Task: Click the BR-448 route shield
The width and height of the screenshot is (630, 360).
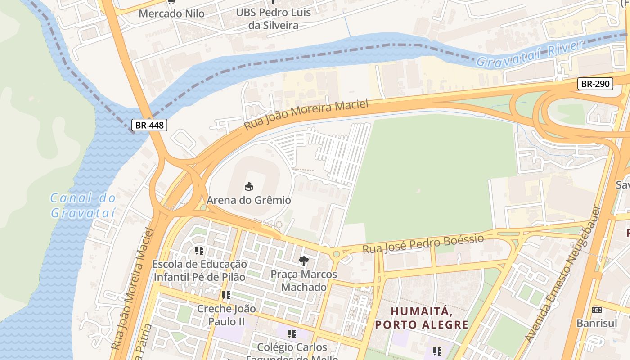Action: click(150, 125)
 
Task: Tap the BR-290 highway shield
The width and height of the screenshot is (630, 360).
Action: click(595, 84)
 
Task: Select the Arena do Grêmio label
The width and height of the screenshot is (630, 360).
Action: click(248, 200)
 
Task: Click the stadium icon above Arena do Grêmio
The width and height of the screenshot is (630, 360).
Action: click(248, 186)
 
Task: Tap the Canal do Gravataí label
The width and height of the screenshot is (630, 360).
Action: click(83, 205)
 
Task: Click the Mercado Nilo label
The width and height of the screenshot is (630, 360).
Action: click(171, 13)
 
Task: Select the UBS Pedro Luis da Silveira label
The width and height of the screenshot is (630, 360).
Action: click(273, 19)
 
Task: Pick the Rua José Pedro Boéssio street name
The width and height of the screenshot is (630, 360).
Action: click(423, 244)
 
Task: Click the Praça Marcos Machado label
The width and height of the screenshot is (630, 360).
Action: click(304, 280)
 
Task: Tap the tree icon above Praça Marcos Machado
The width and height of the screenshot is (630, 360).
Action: click(304, 261)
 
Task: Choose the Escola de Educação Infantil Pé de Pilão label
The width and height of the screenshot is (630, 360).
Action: click(199, 270)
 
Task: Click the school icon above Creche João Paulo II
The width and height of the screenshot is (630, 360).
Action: click(226, 295)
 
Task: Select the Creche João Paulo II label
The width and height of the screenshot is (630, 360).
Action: click(226, 315)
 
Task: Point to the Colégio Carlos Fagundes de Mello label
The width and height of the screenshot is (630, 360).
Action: click(292, 352)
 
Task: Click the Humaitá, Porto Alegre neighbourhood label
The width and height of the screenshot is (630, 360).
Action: click(422, 318)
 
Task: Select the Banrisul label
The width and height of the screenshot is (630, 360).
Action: click(597, 323)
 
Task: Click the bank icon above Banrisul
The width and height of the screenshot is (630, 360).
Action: click(597, 310)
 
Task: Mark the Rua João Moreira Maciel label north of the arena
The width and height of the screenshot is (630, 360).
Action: click(306, 115)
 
